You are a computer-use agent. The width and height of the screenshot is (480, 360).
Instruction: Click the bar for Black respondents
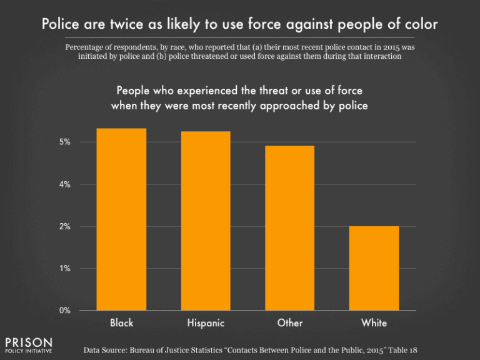pyautogui.click(x=121, y=219)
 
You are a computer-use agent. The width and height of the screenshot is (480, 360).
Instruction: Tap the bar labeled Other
pyautogui.click(x=289, y=228)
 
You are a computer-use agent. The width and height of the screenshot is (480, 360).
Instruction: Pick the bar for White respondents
pyautogui.click(x=374, y=268)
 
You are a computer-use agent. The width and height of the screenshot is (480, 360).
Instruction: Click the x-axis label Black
pyautogui.click(x=121, y=323)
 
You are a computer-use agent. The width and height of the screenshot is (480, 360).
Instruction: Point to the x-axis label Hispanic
pyautogui.click(x=205, y=323)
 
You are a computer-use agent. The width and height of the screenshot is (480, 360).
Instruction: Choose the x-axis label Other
pyautogui.click(x=289, y=323)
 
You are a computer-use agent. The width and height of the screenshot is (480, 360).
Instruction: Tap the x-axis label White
pyautogui.click(x=374, y=323)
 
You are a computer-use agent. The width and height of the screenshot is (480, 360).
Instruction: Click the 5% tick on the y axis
pyautogui.click(x=65, y=142)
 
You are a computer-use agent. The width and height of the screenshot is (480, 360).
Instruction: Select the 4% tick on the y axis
pyautogui.click(x=65, y=184)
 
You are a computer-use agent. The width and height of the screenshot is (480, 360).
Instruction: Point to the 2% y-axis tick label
pyautogui.click(x=65, y=227)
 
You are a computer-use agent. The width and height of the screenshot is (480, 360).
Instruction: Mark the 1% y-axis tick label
pyautogui.click(x=65, y=269)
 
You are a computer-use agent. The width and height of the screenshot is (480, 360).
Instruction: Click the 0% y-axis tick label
pyautogui.click(x=65, y=311)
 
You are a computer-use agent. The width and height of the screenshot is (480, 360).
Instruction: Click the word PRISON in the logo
pyautogui.click(x=29, y=342)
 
